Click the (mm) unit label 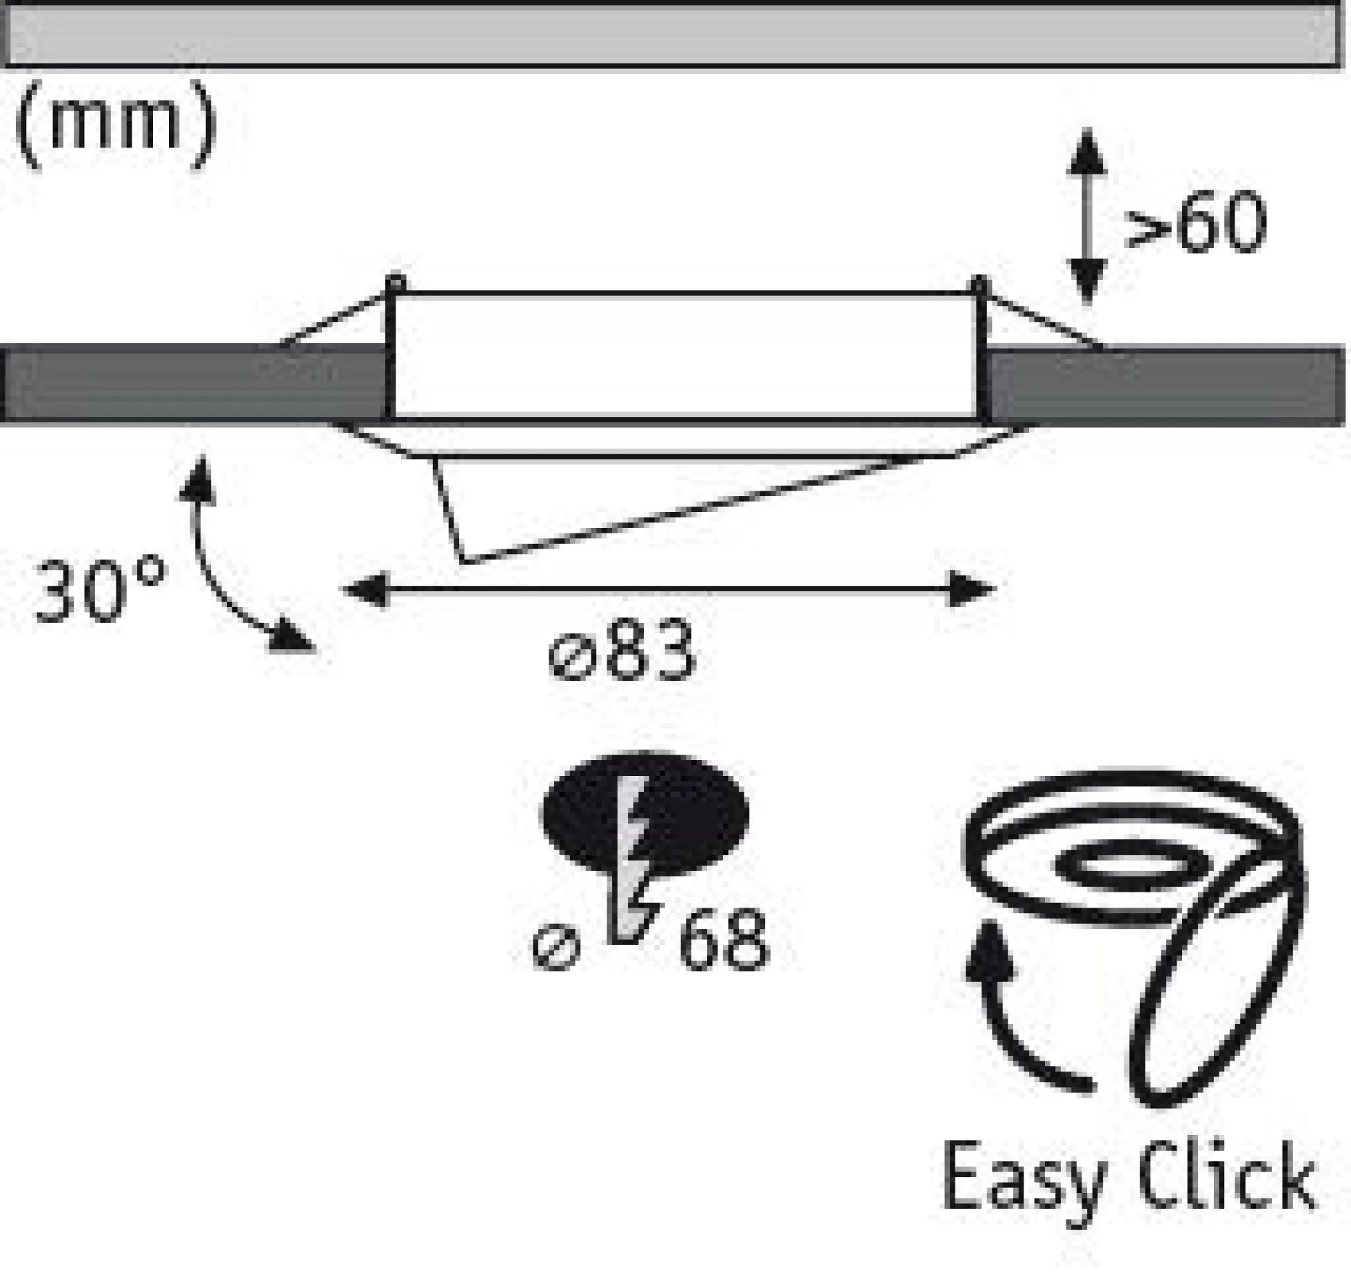point(116,126)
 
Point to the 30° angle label point(101,589)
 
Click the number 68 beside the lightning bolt point(724,939)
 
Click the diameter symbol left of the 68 point(556,948)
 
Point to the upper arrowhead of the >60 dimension point(1087,152)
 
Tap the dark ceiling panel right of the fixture point(1165,387)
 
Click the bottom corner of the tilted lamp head point(463,562)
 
